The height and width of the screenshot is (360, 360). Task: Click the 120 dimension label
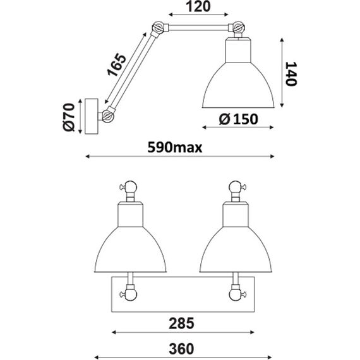pyautogui.click(x=198, y=6)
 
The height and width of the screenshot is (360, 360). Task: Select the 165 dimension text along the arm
pyautogui.click(x=117, y=65)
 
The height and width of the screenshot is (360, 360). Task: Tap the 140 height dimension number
pyautogui.click(x=291, y=74)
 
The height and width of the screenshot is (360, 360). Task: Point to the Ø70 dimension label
pyautogui.click(x=69, y=117)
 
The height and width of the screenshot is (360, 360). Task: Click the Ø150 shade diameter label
pyautogui.click(x=238, y=119)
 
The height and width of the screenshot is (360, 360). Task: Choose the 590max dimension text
pyautogui.click(x=175, y=147)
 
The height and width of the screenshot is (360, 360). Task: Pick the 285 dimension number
pyautogui.click(x=181, y=323)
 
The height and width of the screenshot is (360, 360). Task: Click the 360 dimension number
pyautogui.click(x=181, y=349)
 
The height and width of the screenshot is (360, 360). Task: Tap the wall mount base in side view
pyautogui.click(x=92, y=116)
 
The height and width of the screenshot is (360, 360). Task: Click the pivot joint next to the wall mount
pyautogui.click(x=108, y=116)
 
